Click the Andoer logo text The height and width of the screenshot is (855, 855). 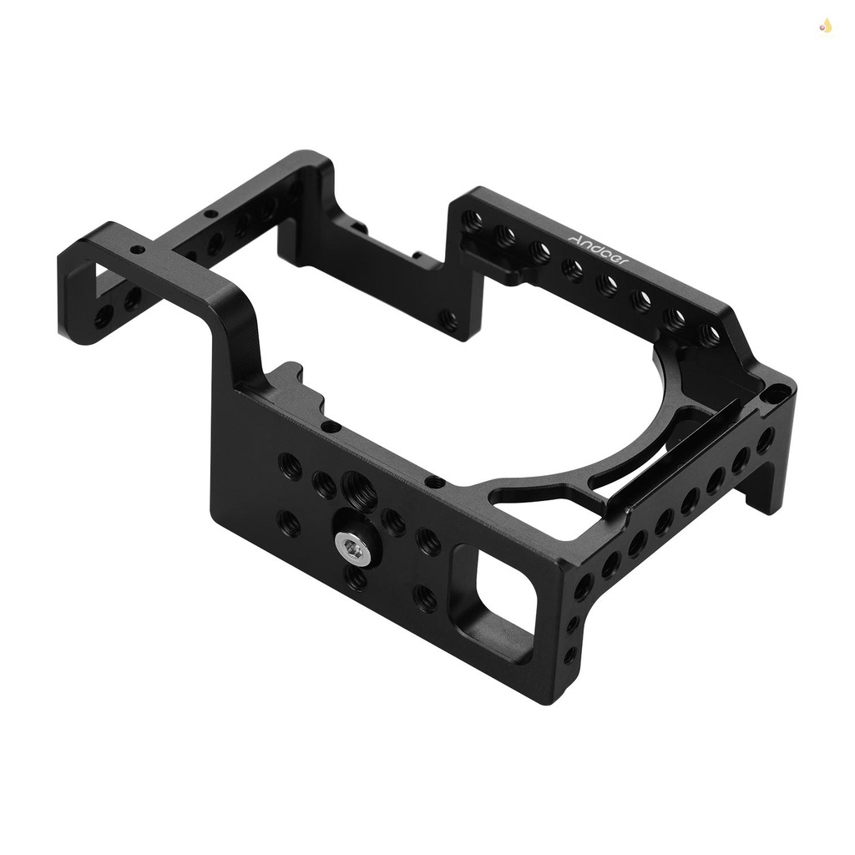[x=600, y=247]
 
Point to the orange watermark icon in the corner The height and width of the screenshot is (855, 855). [x=826, y=27]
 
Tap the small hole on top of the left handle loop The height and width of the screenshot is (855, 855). [x=135, y=250]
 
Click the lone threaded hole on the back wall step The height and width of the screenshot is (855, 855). [x=449, y=317]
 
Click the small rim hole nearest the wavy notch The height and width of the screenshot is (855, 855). [x=331, y=426]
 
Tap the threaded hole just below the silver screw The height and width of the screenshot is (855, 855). [x=357, y=579]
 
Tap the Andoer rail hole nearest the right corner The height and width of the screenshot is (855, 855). [x=710, y=336]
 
